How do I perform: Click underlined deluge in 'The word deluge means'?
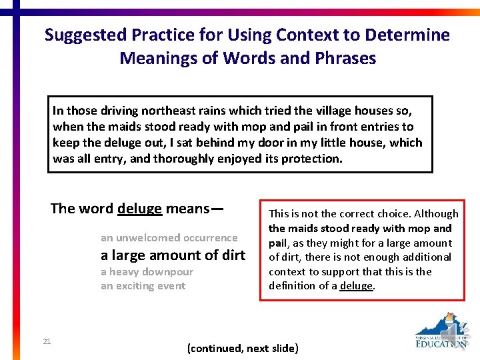tap(139, 209)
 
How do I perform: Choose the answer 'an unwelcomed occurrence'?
tap(169, 238)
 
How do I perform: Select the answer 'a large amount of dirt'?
tap(173, 255)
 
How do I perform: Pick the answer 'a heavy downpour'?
tap(147, 272)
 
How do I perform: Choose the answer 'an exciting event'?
tap(143, 286)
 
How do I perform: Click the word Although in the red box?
tap(436, 214)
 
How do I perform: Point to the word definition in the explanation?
tap(291, 286)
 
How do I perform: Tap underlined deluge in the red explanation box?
tap(357, 286)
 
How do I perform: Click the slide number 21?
tap(47, 342)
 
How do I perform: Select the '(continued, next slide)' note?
tap(243, 349)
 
